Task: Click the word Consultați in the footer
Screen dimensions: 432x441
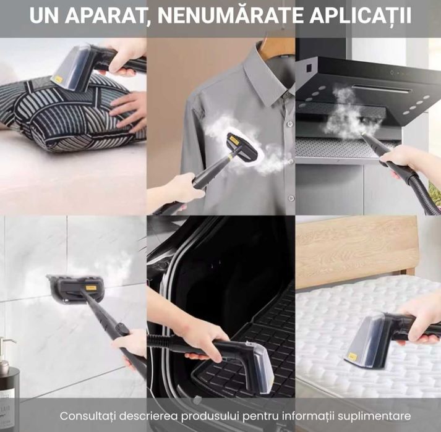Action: pyautogui.click(x=88, y=415)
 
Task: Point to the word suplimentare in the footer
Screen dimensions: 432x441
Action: pyautogui.click(x=375, y=415)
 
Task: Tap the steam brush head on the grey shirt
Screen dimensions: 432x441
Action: pyautogui.click(x=236, y=148)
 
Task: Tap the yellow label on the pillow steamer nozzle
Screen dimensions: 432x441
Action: pyautogui.click(x=58, y=79)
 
